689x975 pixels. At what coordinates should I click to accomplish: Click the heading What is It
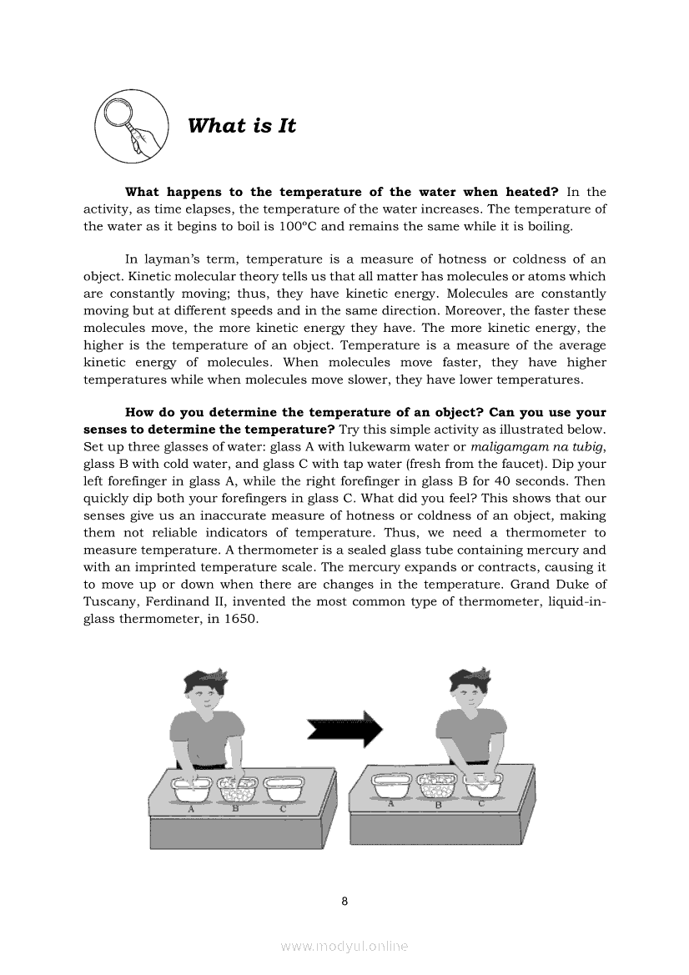tap(242, 126)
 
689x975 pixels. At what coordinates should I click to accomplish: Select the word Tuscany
tap(111, 602)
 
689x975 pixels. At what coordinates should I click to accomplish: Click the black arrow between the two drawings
tap(344, 730)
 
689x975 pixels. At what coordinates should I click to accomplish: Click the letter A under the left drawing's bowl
tap(191, 808)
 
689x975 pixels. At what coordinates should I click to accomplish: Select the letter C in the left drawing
tap(283, 808)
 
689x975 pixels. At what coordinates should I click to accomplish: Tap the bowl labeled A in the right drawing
tap(391, 786)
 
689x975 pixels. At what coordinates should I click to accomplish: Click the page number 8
tap(344, 901)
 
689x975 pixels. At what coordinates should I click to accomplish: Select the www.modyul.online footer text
tap(344, 946)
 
